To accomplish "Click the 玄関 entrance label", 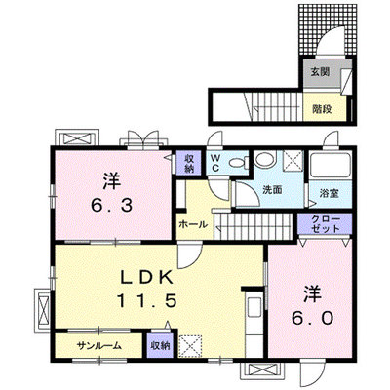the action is click(x=320, y=72).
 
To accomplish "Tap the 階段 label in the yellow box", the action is click(x=322, y=109).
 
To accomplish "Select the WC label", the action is click(x=215, y=163).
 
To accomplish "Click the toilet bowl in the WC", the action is click(x=237, y=163).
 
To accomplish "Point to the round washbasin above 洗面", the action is click(x=264, y=159).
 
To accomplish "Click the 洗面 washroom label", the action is click(x=272, y=190).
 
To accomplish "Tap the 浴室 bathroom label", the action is click(x=329, y=194).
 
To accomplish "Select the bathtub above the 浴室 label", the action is click(x=331, y=166).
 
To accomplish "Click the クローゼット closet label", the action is click(x=325, y=223).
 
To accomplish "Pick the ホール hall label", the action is click(x=193, y=224).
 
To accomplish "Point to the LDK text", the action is click(x=146, y=278).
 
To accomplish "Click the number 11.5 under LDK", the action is click(x=146, y=300).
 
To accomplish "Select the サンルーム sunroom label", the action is click(x=99, y=346).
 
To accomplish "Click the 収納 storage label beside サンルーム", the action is click(x=160, y=345).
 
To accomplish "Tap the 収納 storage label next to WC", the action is click(x=189, y=163).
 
